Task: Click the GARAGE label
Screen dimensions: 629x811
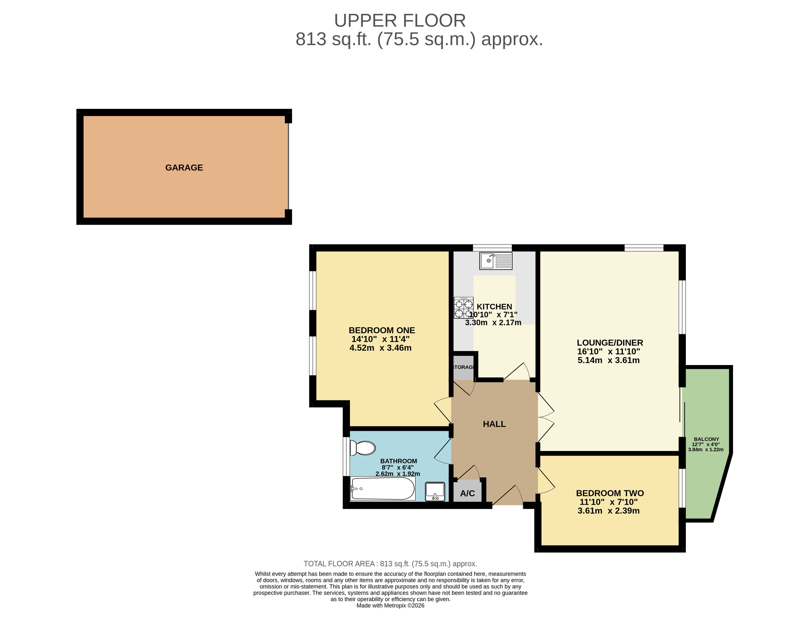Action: tap(184, 167)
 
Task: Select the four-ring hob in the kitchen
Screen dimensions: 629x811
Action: tap(463, 308)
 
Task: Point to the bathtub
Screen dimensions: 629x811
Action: tap(382, 489)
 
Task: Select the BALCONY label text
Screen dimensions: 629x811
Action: tap(706, 439)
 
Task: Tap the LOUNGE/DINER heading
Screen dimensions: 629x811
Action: tap(610, 343)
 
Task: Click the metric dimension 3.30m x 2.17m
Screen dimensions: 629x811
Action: tap(493, 322)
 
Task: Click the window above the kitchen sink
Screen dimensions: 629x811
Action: tap(492, 248)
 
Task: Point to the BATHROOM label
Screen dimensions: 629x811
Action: tap(398, 461)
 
